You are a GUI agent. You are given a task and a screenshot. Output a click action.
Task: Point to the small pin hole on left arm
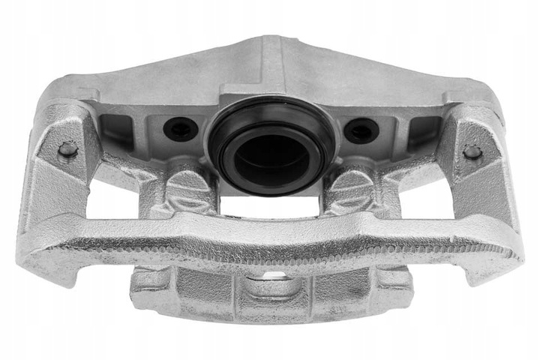click(67, 149)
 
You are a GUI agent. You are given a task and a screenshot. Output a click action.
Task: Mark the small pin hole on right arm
click(472, 151)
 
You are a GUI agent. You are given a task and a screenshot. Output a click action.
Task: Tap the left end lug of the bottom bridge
click(150, 280)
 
